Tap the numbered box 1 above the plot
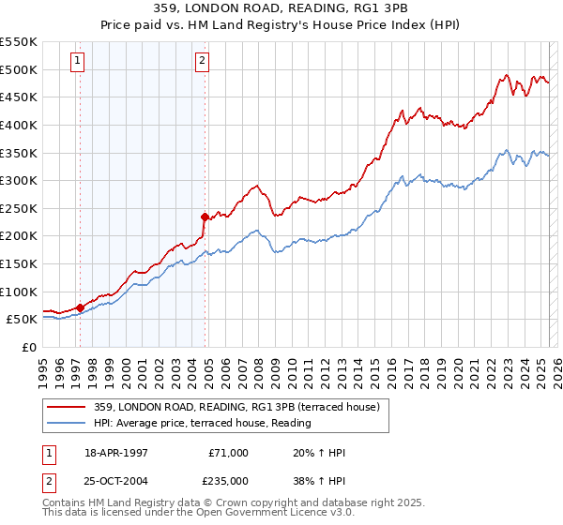coord(77,62)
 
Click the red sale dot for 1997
coord(80,307)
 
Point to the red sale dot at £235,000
coord(205,216)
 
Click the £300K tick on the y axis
coord(20,180)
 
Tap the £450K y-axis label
coord(20,97)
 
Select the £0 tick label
coord(28,347)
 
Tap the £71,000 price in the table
coord(228,453)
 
